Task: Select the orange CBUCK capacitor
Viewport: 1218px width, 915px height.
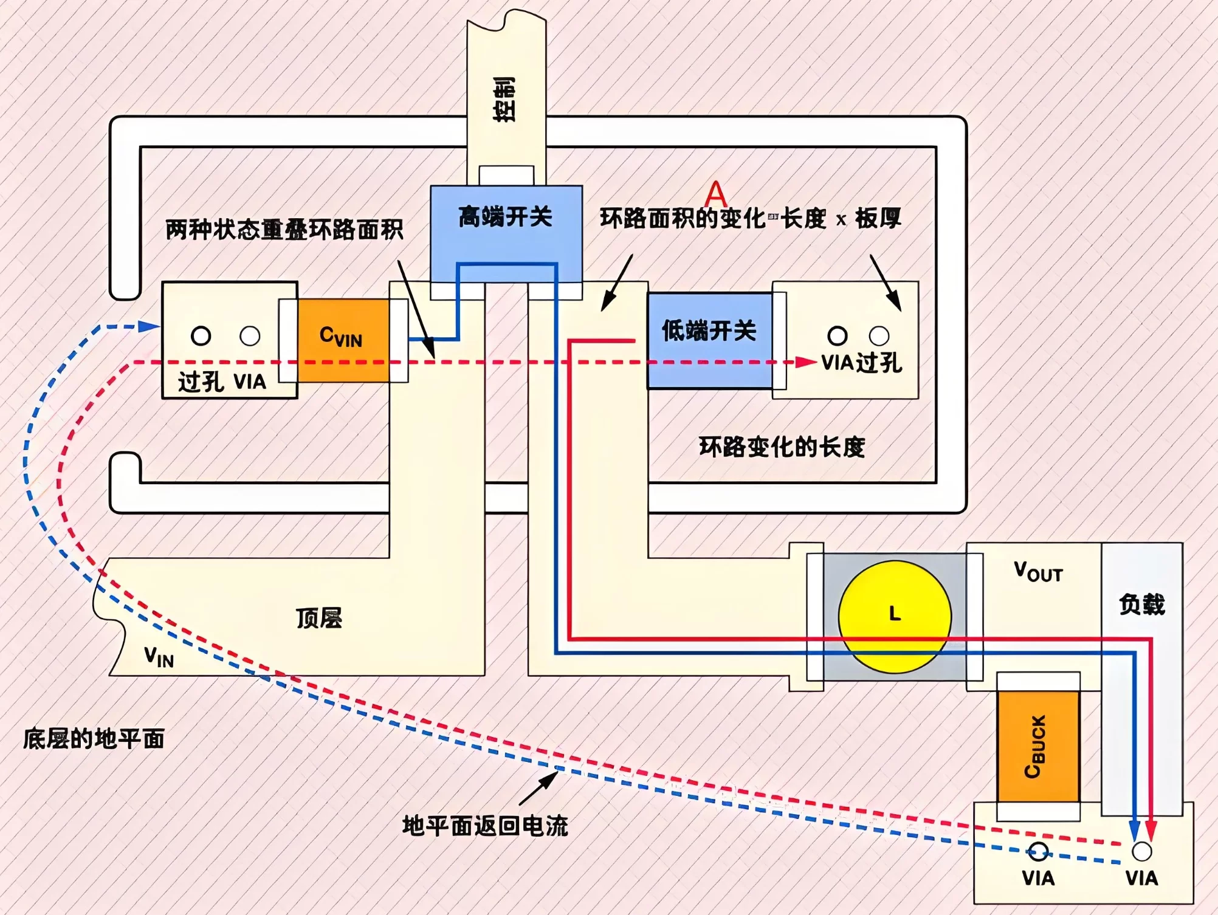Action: click(1038, 746)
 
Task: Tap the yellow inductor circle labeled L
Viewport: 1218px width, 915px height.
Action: click(895, 616)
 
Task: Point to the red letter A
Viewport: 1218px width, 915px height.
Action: click(715, 194)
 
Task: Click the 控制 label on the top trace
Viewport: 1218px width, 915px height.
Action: click(504, 100)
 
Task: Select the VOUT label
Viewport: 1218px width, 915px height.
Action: click(1038, 572)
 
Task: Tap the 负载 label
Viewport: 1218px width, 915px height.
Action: click(1141, 605)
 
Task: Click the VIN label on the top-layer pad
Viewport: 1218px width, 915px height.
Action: click(159, 657)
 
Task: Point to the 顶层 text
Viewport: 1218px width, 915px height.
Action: click(319, 618)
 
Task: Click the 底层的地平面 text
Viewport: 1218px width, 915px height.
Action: click(94, 739)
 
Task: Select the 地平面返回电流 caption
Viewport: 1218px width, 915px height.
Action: click(485, 826)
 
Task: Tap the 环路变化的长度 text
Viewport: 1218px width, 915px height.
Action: click(782, 447)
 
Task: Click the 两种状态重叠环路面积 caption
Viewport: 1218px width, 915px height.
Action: click(284, 230)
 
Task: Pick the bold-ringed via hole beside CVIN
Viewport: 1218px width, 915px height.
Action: click(201, 335)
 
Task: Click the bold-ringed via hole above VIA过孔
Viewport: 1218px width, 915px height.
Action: click(837, 335)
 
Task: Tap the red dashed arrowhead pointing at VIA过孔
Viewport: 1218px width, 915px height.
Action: click(806, 362)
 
